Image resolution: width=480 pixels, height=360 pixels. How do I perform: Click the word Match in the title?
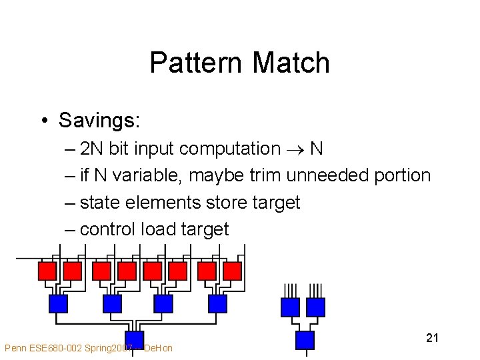[291, 63]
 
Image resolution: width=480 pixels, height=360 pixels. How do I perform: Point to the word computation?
[230, 149]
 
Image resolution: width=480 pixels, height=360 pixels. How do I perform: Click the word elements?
[169, 202]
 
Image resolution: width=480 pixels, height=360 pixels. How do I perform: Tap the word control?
[107, 229]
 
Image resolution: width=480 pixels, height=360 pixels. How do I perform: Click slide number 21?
[432, 338]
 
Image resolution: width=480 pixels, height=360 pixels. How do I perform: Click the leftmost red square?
[47, 271]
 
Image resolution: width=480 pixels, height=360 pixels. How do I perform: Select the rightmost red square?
[232, 271]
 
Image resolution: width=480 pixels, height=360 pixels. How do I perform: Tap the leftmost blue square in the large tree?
[59, 304]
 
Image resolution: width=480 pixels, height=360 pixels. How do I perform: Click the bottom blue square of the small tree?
[305, 340]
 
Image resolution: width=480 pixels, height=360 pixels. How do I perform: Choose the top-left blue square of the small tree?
[290, 307]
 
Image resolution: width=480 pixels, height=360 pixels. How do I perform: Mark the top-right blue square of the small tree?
[315, 307]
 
